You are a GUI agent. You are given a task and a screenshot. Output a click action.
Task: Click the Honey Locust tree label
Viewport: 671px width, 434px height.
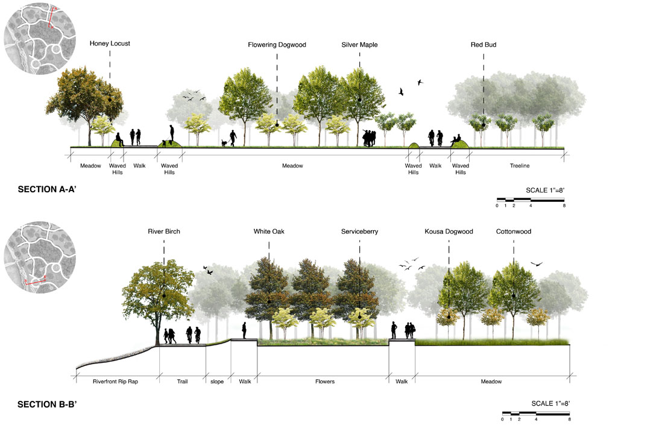pos(110,43)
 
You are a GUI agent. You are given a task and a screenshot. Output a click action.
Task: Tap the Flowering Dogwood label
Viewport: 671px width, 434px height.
pos(277,45)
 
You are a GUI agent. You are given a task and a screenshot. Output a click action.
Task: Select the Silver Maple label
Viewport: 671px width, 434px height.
pos(359,45)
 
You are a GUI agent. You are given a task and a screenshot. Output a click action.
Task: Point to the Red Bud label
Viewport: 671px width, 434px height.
pos(484,45)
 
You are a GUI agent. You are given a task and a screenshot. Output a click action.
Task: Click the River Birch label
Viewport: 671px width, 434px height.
pos(164,231)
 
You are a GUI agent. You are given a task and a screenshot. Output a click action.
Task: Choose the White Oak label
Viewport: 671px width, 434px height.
pos(269,231)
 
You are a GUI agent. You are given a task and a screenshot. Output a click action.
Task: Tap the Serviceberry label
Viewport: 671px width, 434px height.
pos(359,231)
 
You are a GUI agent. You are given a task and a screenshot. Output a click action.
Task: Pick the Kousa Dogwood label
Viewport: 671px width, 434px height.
pos(449,231)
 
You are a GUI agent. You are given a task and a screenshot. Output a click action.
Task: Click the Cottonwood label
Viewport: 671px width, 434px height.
pos(514,231)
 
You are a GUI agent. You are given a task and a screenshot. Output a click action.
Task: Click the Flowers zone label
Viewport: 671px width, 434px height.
pos(324,382)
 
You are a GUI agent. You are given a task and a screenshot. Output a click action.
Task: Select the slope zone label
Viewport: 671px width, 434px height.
pos(217,382)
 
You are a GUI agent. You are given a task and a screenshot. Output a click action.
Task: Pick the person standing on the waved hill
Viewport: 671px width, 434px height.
pos(172,133)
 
